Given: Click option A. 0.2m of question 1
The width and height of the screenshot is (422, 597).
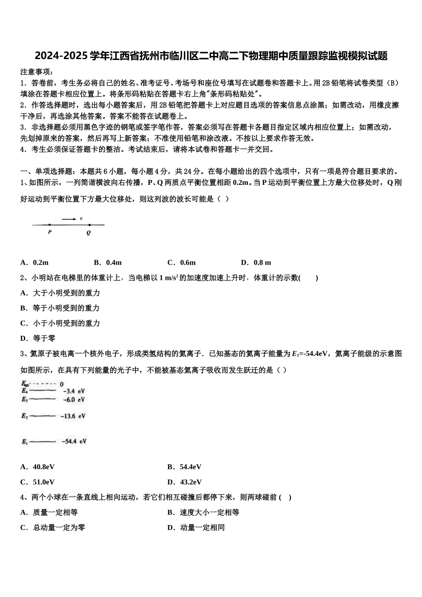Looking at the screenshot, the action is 35,263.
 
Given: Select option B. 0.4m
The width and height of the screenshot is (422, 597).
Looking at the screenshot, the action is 108,263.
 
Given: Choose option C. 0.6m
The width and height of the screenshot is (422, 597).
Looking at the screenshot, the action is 181,263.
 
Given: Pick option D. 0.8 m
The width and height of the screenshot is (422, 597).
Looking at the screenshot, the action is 256,263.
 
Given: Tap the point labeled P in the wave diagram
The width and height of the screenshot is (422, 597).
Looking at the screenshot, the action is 50,225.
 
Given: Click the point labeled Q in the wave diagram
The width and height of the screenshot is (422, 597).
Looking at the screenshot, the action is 89,225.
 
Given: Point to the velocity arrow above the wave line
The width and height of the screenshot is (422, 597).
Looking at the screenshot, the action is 69,219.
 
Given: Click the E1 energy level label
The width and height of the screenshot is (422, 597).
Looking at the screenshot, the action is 24,442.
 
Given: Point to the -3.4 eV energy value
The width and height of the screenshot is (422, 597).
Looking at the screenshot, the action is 74,391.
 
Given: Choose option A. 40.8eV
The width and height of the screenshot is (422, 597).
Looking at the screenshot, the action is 38,467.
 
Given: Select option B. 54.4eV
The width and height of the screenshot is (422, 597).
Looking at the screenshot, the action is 184,467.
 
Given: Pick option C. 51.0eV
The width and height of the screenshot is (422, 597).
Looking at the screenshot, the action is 38,482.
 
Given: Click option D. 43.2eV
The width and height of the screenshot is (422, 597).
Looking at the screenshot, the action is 184,482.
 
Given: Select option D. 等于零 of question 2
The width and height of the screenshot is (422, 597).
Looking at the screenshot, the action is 38,338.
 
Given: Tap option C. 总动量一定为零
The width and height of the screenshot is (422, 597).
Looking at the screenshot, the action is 53,528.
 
